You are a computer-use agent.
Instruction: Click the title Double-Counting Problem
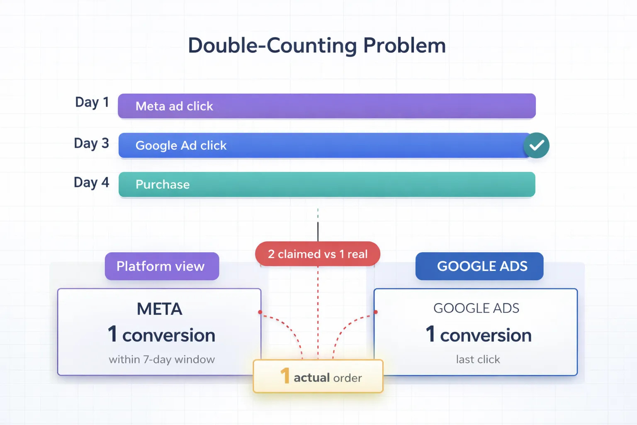pyautogui.click(x=317, y=45)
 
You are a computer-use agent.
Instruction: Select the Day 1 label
pyautogui.click(x=92, y=102)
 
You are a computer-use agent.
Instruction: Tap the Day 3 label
pyautogui.click(x=91, y=143)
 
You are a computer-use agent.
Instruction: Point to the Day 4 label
pyautogui.click(x=91, y=182)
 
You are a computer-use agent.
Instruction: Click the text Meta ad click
pyautogui.click(x=174, y=106)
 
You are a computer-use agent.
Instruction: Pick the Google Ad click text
pyautogui.click(x=181, y=146)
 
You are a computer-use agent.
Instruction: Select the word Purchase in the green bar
pyautogui.click(x=163, y=185)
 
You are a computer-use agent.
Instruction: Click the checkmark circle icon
pyautogui.click(x=536, y=145)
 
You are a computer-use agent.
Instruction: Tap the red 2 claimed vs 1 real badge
pyautogui.click(x=318, y=254)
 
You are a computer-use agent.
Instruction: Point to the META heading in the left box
pyautogui.click(x=160, y=309)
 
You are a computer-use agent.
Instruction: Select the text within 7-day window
pyautogui.click(x=162, y=359)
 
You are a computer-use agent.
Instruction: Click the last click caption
pyautogui.click(x=478, y=359)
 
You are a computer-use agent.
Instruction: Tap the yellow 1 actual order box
pyautogui.click(x=318, y=376)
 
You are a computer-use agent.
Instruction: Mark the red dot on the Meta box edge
pyautogui.click(x=260, y=312)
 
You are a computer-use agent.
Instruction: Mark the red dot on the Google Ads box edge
pyautogui.click(x=376, y=312)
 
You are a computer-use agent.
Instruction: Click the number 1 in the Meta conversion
pyautogui.click(x=112, y=334)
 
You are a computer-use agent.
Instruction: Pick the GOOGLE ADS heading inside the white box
pyautogui.click(x=476, y=308)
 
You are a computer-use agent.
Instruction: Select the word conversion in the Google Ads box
pyautogui.click(x=486, y=335)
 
